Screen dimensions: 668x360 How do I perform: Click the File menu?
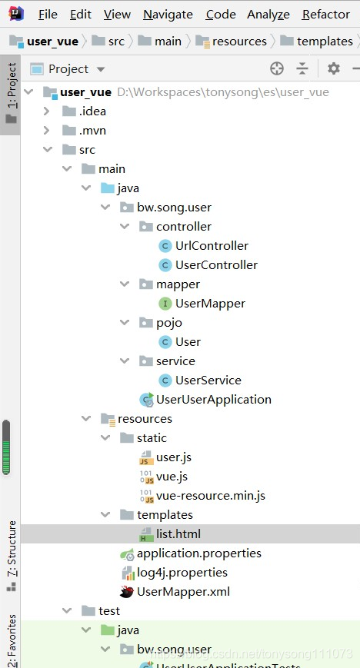point(47,15)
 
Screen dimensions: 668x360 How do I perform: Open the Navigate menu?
point(168,15)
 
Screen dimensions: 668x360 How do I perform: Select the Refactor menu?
point(325,15)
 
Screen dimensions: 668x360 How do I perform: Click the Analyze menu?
point(268,15)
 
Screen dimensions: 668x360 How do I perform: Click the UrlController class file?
point(212,246)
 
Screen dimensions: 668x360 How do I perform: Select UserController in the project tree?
point(216,265)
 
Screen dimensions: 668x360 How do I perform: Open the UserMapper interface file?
point(210,304)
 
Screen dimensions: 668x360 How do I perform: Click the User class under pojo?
point(188,342)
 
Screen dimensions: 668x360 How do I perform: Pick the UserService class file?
point(208,381)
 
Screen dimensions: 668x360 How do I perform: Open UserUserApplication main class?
point(213,400)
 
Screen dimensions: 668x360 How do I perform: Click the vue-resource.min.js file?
point(210,496)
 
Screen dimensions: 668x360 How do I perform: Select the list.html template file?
point(178,534)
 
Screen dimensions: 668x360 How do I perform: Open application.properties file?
point(198,553)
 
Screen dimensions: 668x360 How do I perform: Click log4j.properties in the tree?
point(182,573)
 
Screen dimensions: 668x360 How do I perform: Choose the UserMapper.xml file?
point(183,592)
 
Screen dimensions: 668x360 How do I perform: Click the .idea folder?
point(92,111)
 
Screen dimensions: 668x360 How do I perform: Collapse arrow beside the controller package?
point(125,227)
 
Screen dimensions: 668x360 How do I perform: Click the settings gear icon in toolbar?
point(333,68)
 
